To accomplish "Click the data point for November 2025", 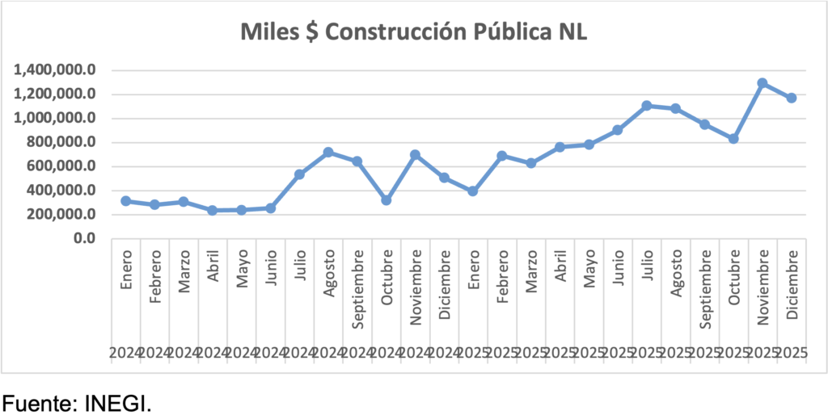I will coord(762,83).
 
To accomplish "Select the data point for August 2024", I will coord(328,152).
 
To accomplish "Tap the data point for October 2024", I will coord(387,199).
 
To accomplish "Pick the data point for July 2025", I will coord(647,106).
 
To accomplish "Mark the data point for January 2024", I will coord(126,200).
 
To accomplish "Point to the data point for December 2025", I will coord(791,98).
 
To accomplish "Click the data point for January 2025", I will coord(473,191).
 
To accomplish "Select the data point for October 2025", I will coord(733,139).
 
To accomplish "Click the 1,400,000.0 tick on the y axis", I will coord(56,70).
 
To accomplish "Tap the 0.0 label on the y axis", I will coord(83,239).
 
